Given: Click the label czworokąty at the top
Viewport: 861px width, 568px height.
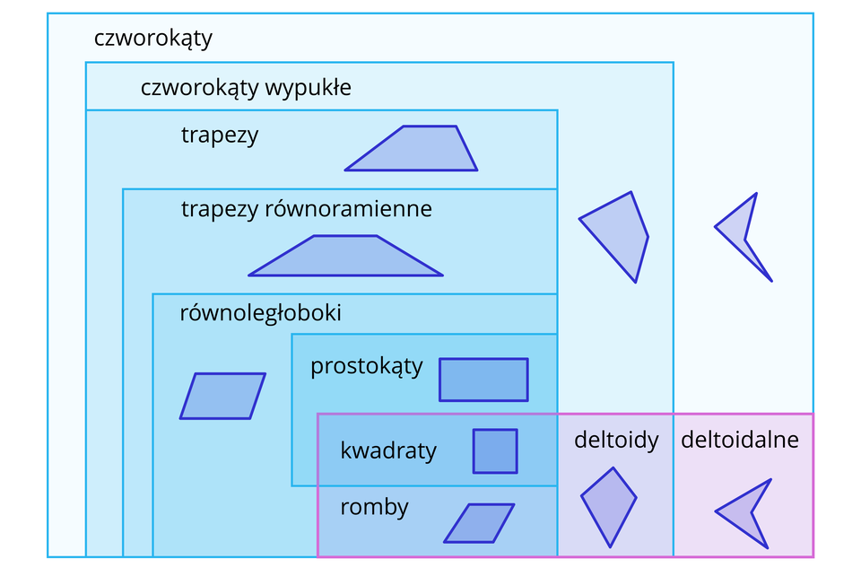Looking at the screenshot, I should pyautogui.click(x=152, y=39).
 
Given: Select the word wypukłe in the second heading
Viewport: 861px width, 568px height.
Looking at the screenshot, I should pyautogui.click(x=308, y=89).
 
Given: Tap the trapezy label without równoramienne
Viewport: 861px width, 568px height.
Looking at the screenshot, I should pyautogui.click(x=220, y=135).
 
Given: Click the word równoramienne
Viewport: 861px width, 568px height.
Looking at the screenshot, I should pyautogui.click(x=348, y=209).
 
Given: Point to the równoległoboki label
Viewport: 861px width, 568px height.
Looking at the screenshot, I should pyautogui.click(x=260, y=314).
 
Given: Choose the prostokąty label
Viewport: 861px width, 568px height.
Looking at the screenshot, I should pyautogui.click(x=366, y=367).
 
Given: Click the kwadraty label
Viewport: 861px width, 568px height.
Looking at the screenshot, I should pyautogui.click(x=388, y=450).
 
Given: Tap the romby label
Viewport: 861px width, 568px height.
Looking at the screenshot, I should pyautogui.click(x=374, y=507).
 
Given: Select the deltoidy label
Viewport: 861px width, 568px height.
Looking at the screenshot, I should pyautogui.click(x=616, y=440).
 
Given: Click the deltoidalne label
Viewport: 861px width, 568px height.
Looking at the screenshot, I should pyautogui.click(x=739, y=440).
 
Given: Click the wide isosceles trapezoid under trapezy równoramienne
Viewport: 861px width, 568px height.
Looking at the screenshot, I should pyautogui.click(x=345, y=258).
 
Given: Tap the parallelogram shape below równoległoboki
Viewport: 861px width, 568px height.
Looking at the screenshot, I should pyautogui.click(x=222, y=396).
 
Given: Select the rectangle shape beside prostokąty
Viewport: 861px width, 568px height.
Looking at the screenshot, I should pyautogui.click(x=483, y=380).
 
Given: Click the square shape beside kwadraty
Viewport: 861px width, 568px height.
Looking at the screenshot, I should pyautogui.click(x=495, y=450).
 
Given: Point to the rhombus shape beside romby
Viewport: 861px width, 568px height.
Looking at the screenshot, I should pyautogui.click(x=479, y=523).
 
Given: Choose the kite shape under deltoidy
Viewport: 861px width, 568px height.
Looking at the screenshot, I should pyautogui.click(x=609, y=504).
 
